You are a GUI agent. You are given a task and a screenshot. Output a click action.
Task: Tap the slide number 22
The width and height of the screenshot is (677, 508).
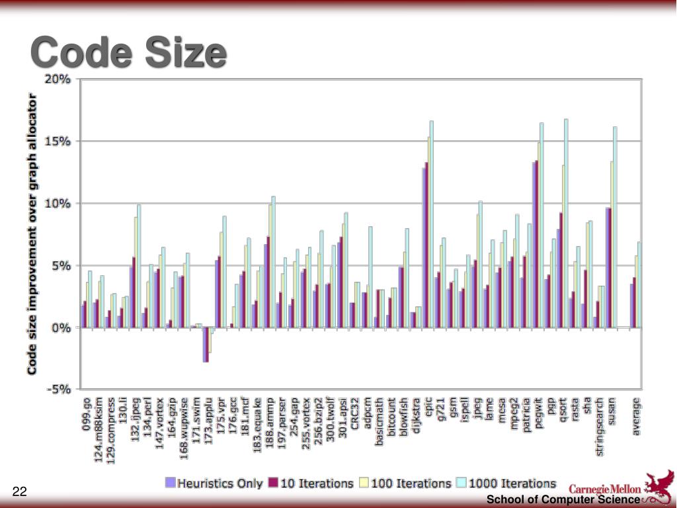point(20,491)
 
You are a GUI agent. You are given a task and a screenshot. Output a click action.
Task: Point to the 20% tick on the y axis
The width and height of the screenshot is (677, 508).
point(58,79)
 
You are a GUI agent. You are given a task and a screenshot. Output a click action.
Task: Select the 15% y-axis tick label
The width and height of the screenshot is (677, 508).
point(58,141)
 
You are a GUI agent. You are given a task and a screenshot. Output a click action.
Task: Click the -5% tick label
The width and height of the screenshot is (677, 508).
point(58,390)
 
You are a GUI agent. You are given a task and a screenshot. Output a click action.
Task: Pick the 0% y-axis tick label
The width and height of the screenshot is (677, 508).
point(61,327)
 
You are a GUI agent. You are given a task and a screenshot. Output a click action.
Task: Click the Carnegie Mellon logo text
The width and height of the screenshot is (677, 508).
point(605,489)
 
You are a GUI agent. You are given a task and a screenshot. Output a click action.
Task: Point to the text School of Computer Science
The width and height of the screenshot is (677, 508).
point(563,500)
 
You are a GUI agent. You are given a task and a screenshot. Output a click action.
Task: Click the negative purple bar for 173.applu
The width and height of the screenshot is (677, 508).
point(206,345)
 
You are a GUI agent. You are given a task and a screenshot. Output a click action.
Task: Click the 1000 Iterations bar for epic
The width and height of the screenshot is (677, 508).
point(431,224)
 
